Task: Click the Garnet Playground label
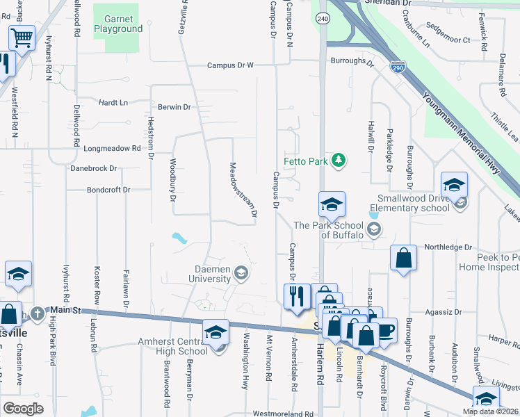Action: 122,24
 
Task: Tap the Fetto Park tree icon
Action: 339,161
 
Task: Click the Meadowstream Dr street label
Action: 244,189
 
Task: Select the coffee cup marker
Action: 384,329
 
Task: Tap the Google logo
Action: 23,409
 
